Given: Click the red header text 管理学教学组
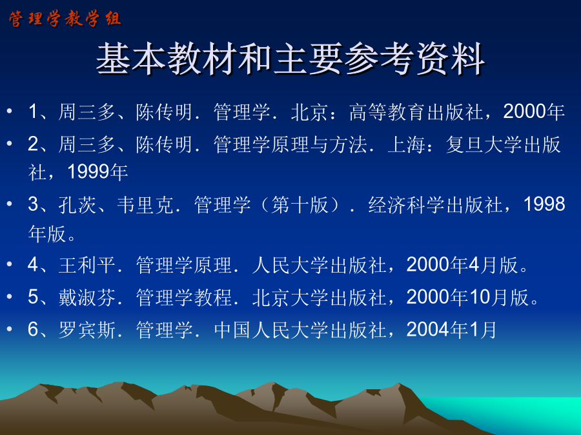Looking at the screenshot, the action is click(65, 19).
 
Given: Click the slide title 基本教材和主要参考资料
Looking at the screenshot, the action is click(291, 59).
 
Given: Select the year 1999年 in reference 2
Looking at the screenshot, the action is click(97, 171).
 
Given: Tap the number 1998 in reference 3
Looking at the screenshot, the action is click(544, 204).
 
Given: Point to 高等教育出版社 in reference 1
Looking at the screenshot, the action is click(416, 111).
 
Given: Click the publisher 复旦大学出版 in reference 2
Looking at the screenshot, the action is click(503, 144).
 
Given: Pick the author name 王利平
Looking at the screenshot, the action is click(87, 265).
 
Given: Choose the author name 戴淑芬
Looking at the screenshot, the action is click(87, 297).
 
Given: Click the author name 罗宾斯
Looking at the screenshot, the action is click(87, 329).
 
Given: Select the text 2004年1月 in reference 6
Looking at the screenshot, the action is click(451, 329).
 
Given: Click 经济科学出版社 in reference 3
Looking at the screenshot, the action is click(435, 204).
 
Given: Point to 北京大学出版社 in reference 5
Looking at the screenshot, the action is click(320, 297).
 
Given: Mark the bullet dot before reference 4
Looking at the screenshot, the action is click(10, 264).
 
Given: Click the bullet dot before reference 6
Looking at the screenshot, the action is click(10, 329).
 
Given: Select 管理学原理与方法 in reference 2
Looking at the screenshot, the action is click(290, 144).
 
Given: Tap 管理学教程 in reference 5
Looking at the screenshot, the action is click(184, 297).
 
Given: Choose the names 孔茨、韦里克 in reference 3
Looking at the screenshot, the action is click(116, 204).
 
